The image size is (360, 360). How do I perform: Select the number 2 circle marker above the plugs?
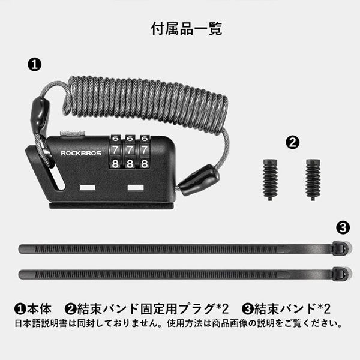[x=293, y=142]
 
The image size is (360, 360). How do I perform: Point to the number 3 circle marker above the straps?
[x=343, y=227]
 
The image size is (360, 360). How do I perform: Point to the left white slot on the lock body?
[x=88, y=188]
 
